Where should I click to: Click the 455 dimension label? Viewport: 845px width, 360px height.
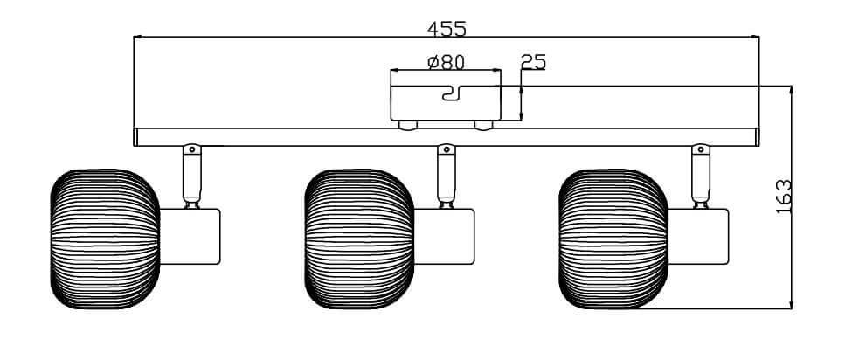pos(447,28)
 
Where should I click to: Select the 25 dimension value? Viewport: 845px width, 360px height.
pos(533,62)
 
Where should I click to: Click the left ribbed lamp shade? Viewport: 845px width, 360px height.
pos(104,239)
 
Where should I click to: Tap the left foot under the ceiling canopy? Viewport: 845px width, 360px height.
pos(407,125)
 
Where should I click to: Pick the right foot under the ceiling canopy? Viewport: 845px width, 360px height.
pos(483,125)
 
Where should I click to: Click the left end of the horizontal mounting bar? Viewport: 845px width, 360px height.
pos(137,138)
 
